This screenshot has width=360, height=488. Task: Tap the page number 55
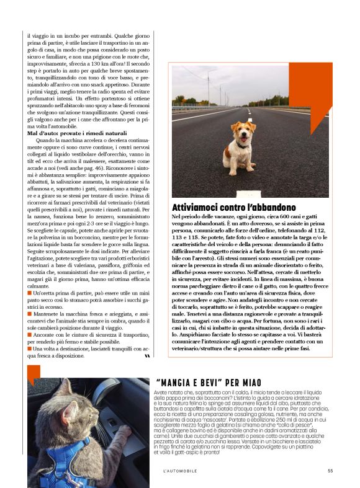tap(330, 471)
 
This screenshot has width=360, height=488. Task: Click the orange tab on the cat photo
tap(34, 374)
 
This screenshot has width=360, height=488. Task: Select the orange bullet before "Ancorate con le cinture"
tap(29, 335)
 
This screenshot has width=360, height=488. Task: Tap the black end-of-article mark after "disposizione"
tap(146, 357)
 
